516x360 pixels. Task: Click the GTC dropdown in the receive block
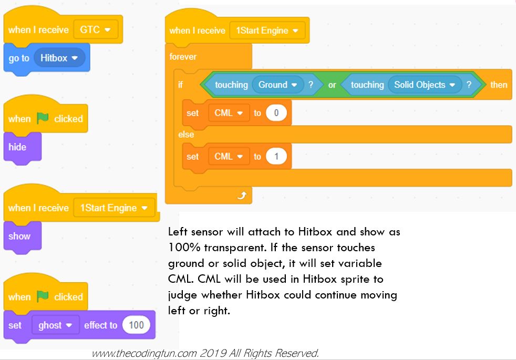(95, 29)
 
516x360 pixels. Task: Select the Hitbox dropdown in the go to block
(59, 58)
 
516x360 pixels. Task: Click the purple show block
(23, 237)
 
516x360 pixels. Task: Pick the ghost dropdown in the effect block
(55, 325)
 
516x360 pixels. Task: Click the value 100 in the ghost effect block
(136, 325)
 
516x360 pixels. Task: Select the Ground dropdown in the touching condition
(278, 85)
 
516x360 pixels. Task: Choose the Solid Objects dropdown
(425, 85)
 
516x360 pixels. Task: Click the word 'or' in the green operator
(332, 85)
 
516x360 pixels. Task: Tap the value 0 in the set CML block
(276, 113)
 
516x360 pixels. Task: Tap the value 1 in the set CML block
(276, 156)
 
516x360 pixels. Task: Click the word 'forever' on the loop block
(183, 57)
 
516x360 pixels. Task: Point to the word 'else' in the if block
(186, 134)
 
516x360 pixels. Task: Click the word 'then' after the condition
(499, 85)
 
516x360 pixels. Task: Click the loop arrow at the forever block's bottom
(242, 196)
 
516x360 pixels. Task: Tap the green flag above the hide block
(43, 118)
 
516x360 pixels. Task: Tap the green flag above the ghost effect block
(43, 296)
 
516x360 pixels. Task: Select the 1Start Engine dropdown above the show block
(114, 208)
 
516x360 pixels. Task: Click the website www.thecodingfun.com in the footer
(144, 353)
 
